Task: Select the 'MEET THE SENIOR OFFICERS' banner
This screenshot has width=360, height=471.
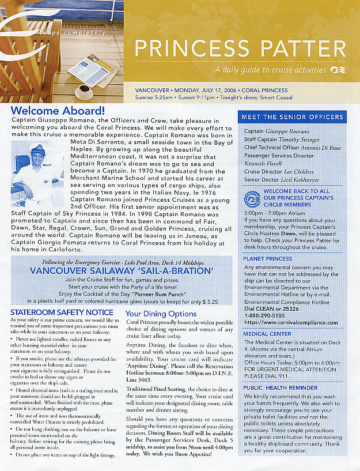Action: click(x=292, y=117)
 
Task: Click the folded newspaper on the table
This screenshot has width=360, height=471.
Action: click(x=91, y=70)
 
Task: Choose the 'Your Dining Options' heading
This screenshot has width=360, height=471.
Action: click(x=161, y=314)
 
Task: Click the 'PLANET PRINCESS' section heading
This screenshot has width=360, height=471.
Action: click(x=268, y=259)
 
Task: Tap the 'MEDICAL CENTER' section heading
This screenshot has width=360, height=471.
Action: click(x=268, y=334)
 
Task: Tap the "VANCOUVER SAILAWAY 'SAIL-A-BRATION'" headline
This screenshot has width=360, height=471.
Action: click(x=122, y=270)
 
